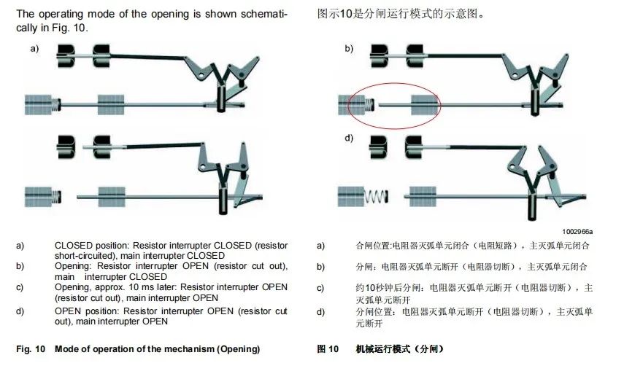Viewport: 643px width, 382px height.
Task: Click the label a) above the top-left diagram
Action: [34, 49]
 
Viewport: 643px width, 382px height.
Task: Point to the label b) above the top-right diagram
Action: [349, 49]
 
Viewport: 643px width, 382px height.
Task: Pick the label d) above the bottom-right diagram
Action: [349, 139]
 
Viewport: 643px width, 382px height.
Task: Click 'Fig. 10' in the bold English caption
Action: [31, 349]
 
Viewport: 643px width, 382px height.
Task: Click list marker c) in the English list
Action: [20, 287]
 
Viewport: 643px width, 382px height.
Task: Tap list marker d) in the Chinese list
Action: [321, 312]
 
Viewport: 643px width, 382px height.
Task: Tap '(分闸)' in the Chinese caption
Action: [428, 349]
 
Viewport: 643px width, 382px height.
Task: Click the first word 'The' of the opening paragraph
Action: [25, 14]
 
